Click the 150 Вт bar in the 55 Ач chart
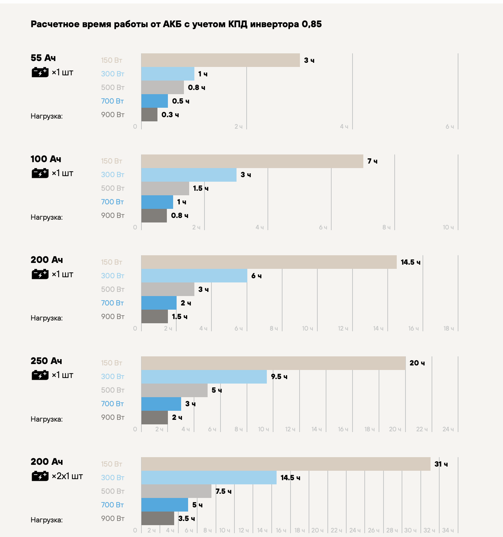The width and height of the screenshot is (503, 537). pyautogui.click(x=220, y=60)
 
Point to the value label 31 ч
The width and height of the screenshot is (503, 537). pyautogui.click(x=441, y=464)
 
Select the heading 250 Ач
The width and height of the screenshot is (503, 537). pyautogui.click(x=46, y=361)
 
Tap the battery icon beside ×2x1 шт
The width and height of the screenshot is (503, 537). pyautogui.click(x=40, y=476)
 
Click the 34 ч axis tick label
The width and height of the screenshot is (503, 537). pyautogui.click(x=448, y=530)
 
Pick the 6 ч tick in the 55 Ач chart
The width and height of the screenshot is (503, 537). pyautogui.click(x=450, y=127)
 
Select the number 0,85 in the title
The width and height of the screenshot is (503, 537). pyautogui.click(x=312, y=24)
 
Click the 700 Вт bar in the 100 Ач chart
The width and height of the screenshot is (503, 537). pyautogui.click(x=157, y=202)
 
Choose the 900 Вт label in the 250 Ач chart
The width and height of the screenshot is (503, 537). pyautogui.click(x=113, y=417)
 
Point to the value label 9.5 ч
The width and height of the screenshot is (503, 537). pyautogui.click(x=279, y=377)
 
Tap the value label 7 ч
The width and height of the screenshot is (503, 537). pyautogui.click(x=372, y=161)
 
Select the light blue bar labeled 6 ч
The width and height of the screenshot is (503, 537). pyautogui.click(x=194, y=276)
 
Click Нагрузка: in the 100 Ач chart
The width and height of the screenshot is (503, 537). pyautogui.click(x=47, y=217)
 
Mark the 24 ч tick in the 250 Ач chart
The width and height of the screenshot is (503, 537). pyautogui.click(x=448, y=429)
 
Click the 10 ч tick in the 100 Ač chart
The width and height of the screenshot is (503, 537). pyautogui.click(x=448, y=227)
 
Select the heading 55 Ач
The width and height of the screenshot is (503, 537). pyautogui.click(x=43, y=58)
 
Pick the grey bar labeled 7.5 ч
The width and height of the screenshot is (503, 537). pyautogui.click(x=176, y=491)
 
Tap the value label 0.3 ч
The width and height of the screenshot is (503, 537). pyautogui.click(x=170, y=115)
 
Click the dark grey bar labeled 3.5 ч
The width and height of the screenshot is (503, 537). pyautogui.click(x=158, y=519)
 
